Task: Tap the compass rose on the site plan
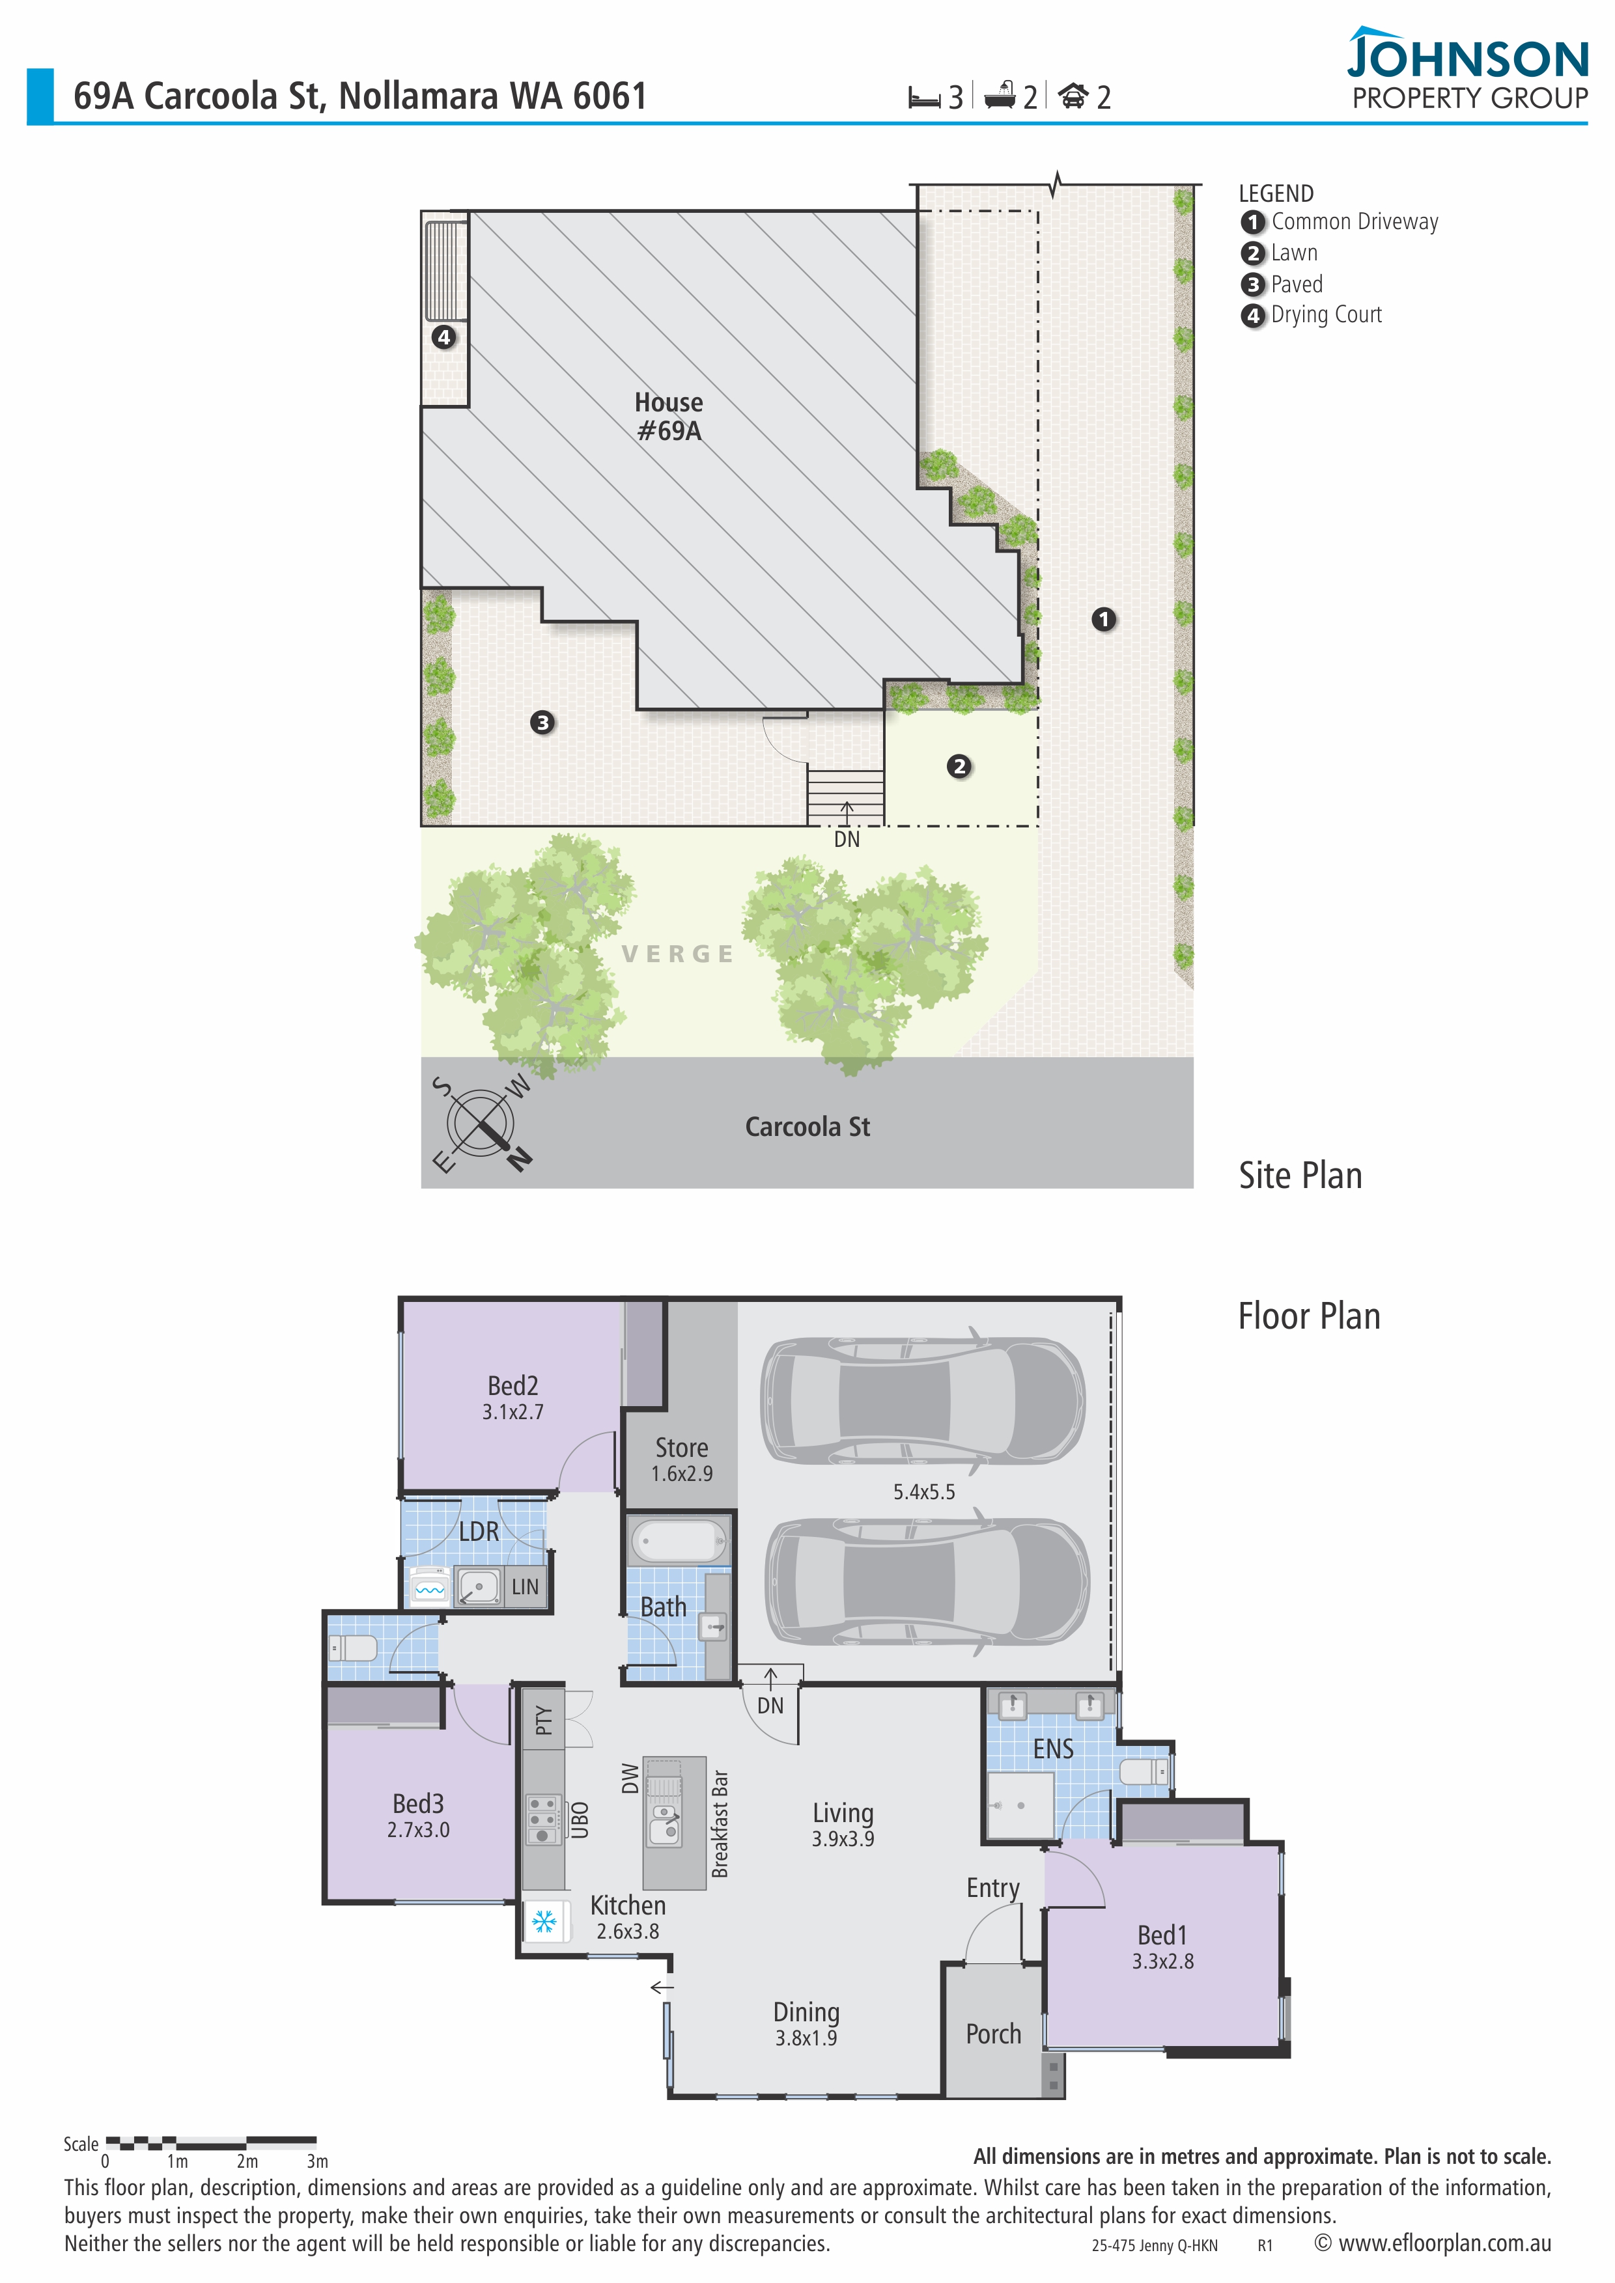click(481, 1125)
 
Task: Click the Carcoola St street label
click(807, 1127)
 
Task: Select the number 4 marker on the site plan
click(443, 337)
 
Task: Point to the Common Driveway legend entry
click(1340, 222)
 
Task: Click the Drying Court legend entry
click(1312, 315)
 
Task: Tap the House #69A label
click(669, 417)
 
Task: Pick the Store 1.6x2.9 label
click(682, 1460)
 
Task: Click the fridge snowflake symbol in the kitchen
click(544, 1922)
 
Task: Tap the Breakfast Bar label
click(720, 1823)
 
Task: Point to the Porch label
click(994, 2034)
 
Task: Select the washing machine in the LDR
click(430, 1587)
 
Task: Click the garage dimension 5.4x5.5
click(924, 1491)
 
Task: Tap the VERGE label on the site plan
click(677, 954)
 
